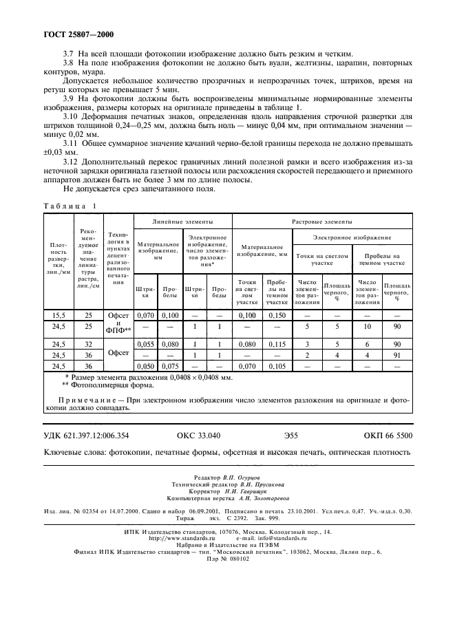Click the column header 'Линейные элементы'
tap(182, 222)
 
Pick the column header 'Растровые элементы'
tap(322, 222)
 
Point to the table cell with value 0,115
tap(277, 343)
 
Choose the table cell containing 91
tap(396, 355)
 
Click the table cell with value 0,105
tap(277, 366)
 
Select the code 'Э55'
tap(293, 436)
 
